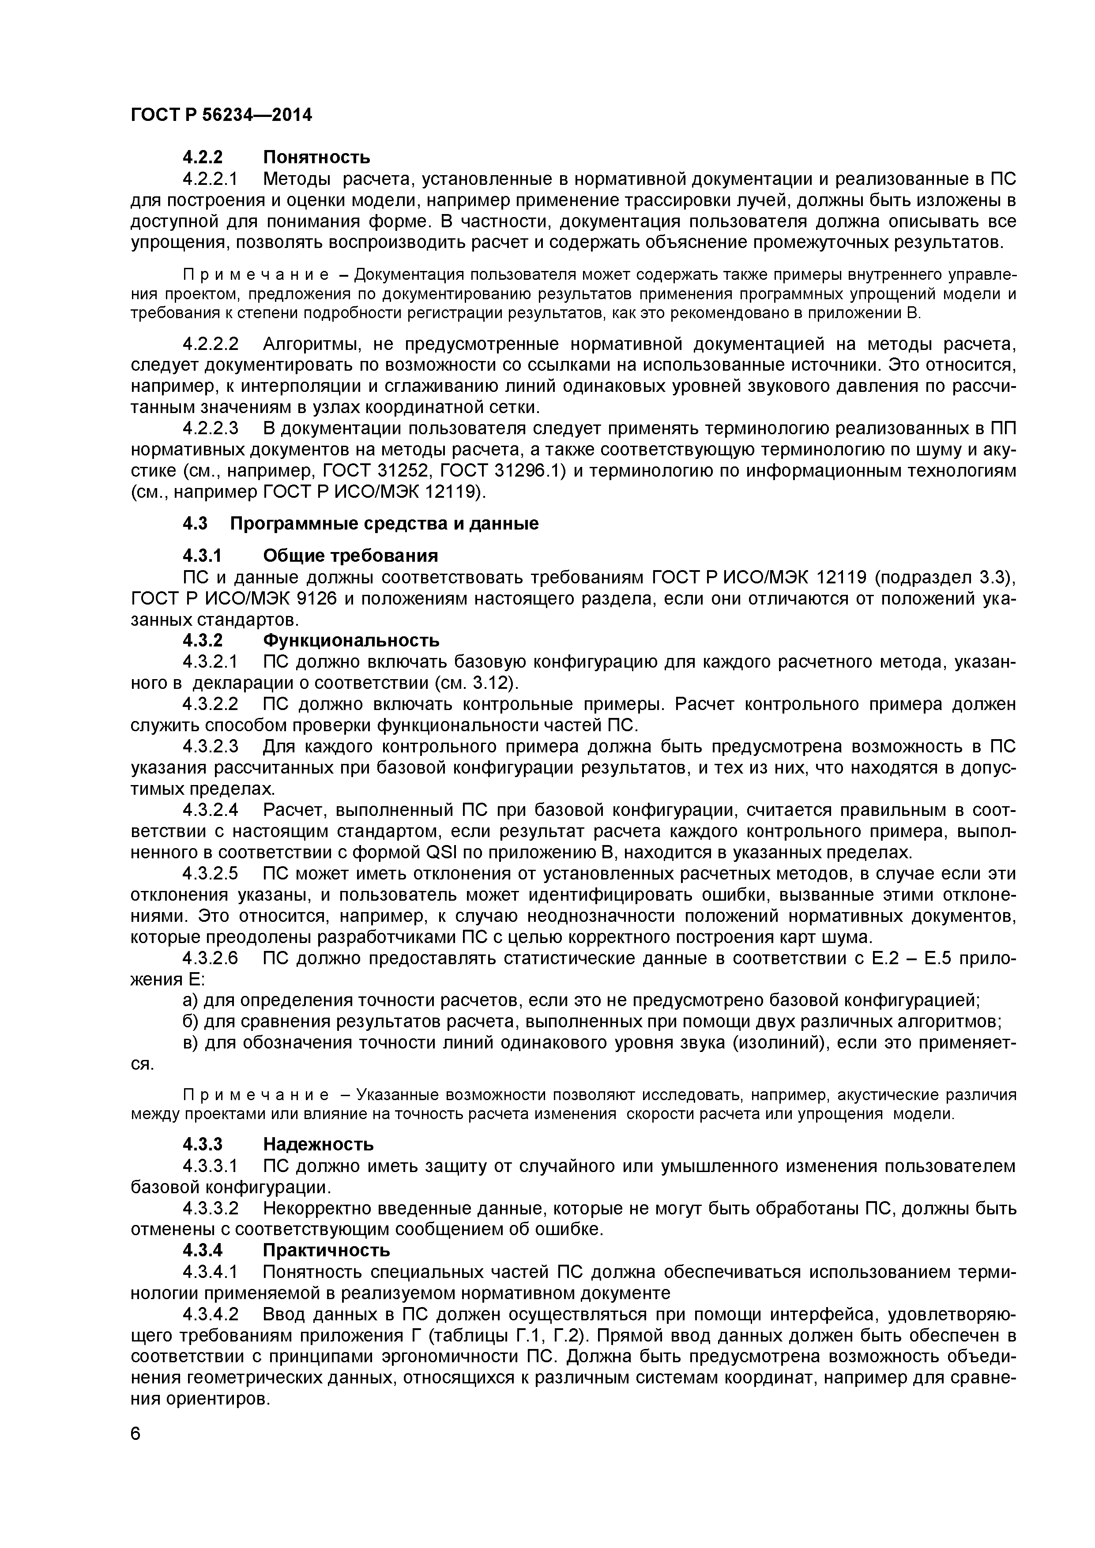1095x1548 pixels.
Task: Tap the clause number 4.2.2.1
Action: pyautogui.click(x=211, y=179)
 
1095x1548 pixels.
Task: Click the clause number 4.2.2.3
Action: pyautogui.click(x=211, y=429)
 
